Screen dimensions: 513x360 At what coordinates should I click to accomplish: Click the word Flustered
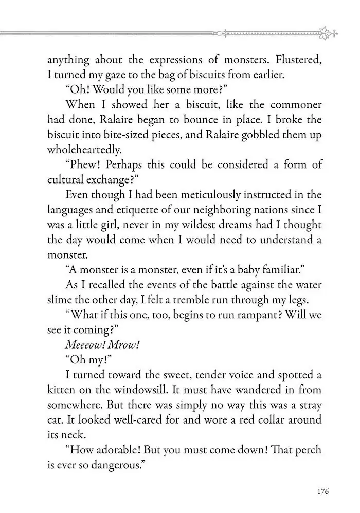(298, 60)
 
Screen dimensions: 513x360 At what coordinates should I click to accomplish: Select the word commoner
(294, 105)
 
